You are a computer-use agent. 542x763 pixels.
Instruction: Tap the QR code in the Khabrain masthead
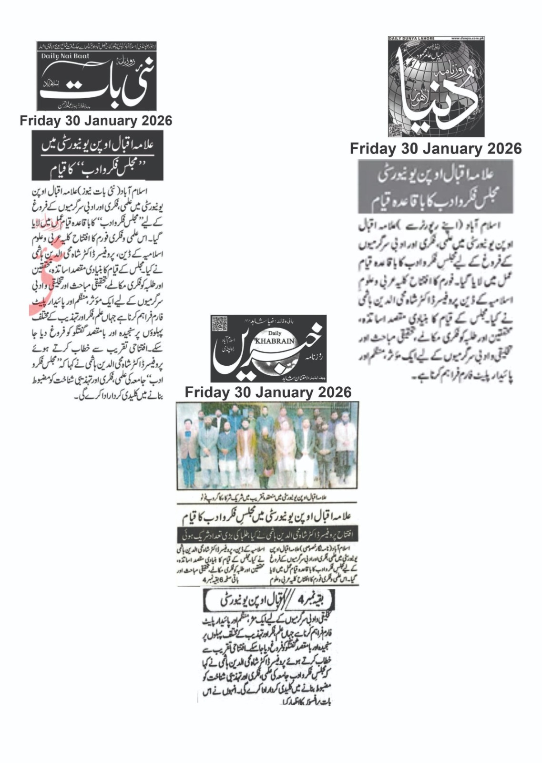click(218, 323)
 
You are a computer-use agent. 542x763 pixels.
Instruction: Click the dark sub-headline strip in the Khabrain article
click(267, 533)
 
